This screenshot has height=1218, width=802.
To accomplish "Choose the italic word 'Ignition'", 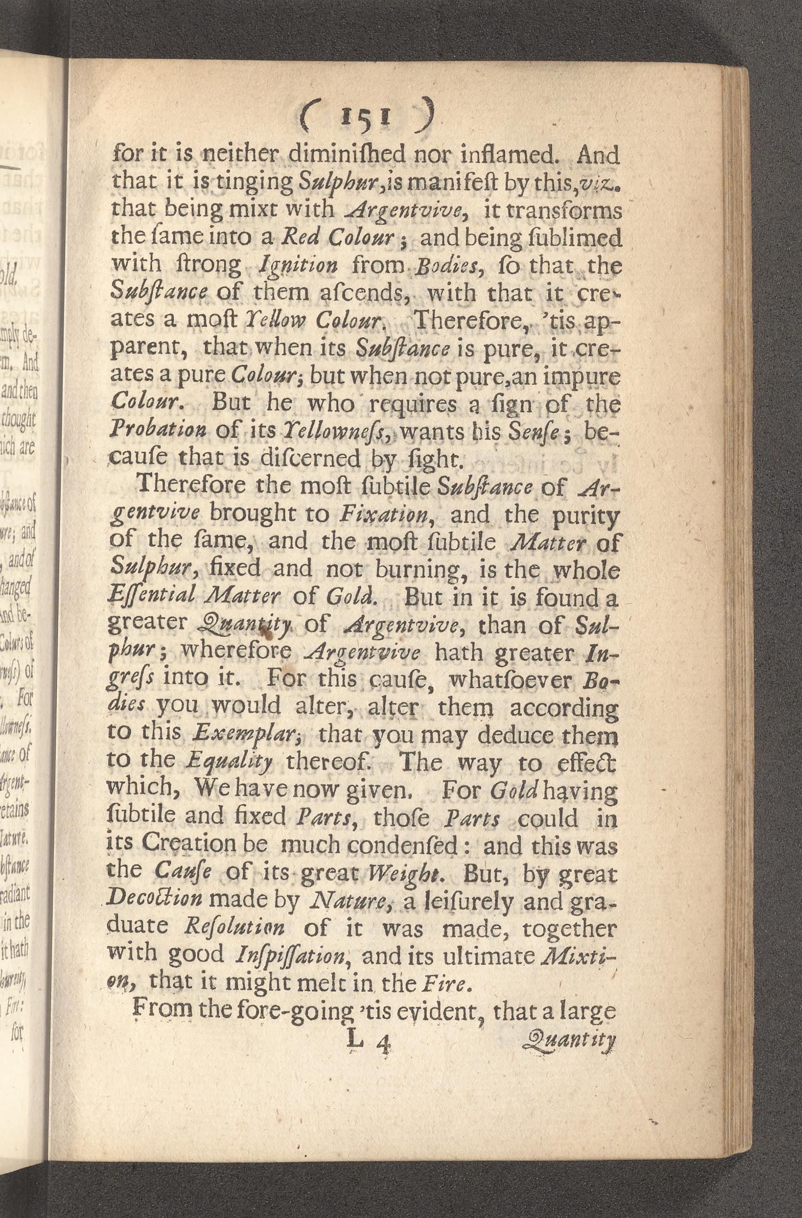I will click(299, 265).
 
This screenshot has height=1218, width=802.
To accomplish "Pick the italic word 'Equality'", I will click(229, 764).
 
